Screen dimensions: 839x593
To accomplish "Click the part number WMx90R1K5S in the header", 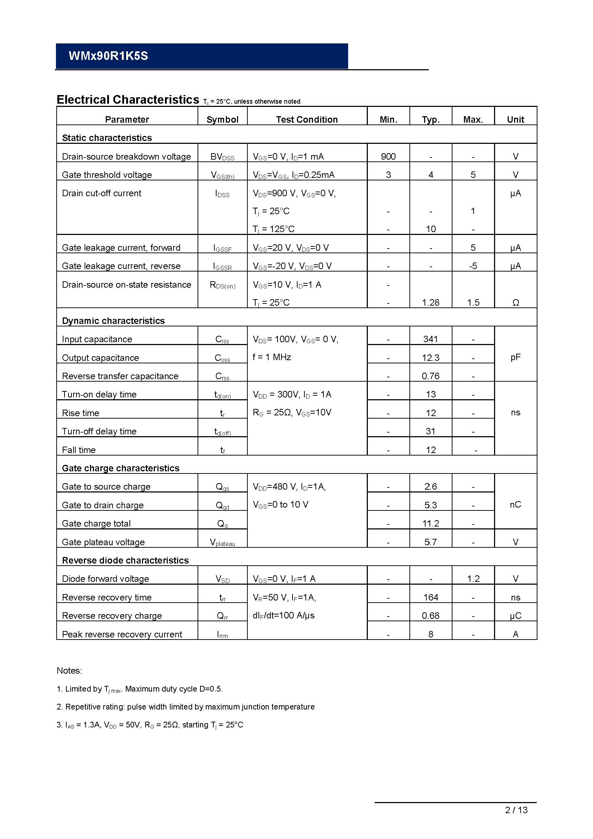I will point(108,56).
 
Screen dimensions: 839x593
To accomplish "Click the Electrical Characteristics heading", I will point(128,100).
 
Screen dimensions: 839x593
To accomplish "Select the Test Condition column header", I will point(307,119).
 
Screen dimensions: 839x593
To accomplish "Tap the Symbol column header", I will point(222,119).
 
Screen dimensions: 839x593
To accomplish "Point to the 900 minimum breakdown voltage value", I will point(388,156).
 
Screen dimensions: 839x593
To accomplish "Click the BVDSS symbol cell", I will point(222,157).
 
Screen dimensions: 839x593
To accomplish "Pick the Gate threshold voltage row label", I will point(106,175).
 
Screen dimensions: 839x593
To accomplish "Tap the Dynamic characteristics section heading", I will point(113,320).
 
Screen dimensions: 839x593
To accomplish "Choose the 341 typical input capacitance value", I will point(431,339).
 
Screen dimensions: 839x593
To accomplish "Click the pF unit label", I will point(516,357).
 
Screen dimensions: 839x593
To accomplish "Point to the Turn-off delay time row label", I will point(99,431).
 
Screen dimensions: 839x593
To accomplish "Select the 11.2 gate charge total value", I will point(431,523).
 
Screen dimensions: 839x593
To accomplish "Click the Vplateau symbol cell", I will point(222,542).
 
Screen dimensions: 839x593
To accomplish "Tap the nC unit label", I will point(516,505).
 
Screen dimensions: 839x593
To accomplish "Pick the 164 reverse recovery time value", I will point(431,597).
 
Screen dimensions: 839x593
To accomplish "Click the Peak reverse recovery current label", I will point(122,634).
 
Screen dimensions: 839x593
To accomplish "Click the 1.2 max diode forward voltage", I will point(473,579).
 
